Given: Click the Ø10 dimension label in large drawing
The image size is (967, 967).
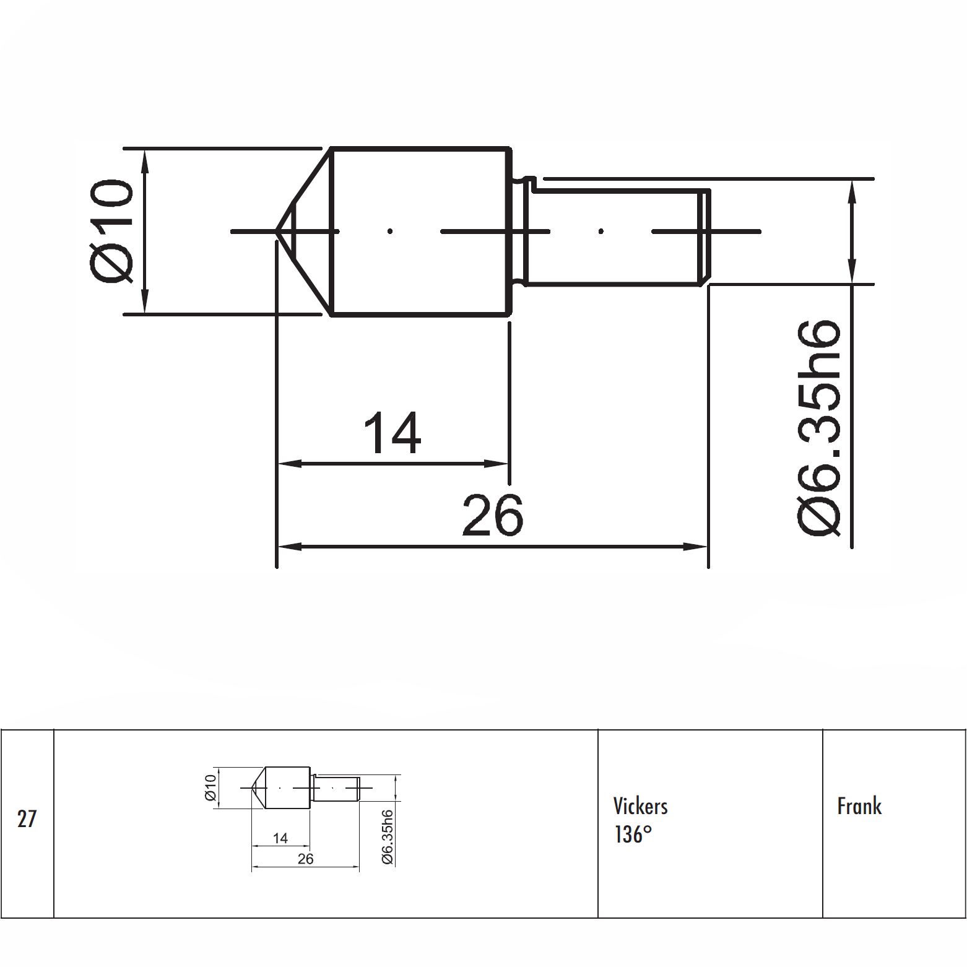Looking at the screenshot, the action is click(x=112, y=231).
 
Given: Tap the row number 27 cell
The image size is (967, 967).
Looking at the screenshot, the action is click(x=27, y=820).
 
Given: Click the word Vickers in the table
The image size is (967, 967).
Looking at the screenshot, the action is click(x=640, y=806).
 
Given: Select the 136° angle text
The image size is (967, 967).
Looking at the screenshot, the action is click(x=633, y=835).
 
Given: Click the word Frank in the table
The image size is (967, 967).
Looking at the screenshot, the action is click(x=859, y=806).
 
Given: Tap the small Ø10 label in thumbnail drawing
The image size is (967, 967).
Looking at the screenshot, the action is click(x=210, y=787).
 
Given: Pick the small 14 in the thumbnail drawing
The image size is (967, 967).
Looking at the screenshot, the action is click(x=280, y=838).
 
